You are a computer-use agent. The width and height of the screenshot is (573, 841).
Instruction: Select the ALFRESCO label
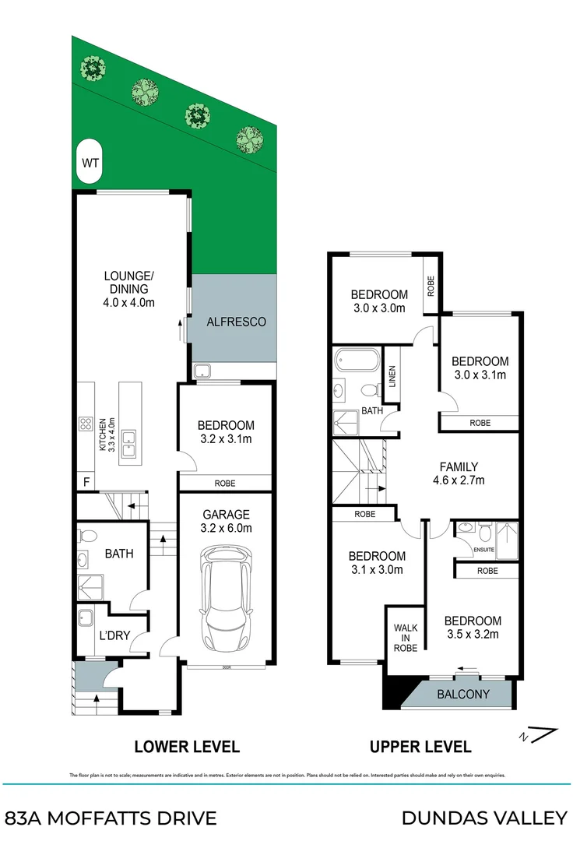click(x=236, y=321)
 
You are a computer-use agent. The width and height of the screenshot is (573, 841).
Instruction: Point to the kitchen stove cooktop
click(x=85, y=424)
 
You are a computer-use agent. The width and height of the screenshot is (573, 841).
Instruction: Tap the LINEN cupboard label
click(x=392, y=378)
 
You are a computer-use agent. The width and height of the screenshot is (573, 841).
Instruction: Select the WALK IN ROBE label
click(x=405, y=637)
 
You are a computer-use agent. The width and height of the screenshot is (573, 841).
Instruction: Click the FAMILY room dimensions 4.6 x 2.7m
click(x=459, y=480)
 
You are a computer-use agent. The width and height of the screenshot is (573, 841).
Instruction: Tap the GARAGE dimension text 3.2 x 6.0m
click(x=226, y=529)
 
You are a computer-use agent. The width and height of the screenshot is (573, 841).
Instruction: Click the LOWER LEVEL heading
click(x=186, y=747)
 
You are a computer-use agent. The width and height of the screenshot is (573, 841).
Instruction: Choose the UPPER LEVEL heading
click(x=420, y=747)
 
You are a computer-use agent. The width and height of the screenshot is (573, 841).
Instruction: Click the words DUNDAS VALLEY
click(x=483, y=818)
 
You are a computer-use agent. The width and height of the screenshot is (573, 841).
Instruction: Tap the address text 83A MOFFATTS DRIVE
click(x=111, y=818)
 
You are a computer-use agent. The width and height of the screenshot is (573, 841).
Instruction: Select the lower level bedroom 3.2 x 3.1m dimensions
click(x=226, y=440)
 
